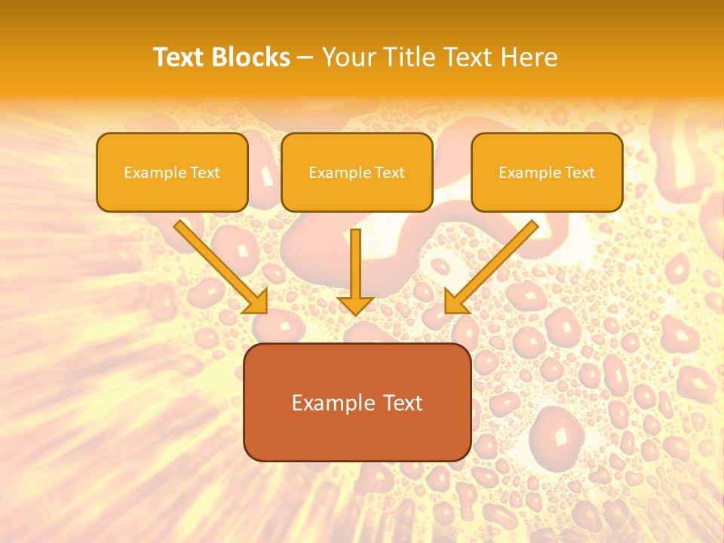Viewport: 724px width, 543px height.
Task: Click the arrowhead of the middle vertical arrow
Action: (355, 305)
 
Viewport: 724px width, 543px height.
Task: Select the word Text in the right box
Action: (579, 173)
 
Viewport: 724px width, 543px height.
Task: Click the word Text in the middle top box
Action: (389, 173)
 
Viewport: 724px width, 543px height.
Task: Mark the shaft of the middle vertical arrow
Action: (355, 260)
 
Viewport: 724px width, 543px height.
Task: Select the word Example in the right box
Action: (530, 173)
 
